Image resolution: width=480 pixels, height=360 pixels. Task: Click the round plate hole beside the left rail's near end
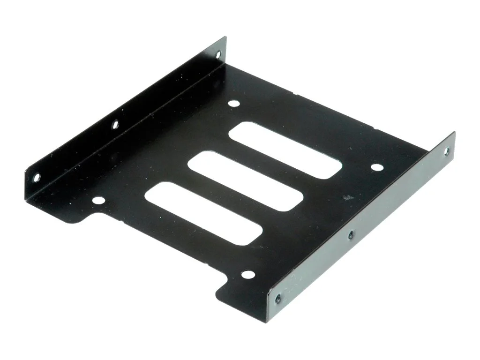coord(97,201)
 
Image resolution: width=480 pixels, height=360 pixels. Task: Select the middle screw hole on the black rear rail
coord(114,125)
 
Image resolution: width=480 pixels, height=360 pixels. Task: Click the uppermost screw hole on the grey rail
coord(446,151)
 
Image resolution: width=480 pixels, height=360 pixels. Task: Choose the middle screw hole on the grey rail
coord(350,234)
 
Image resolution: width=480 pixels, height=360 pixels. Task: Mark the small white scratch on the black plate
coord(347,198)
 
